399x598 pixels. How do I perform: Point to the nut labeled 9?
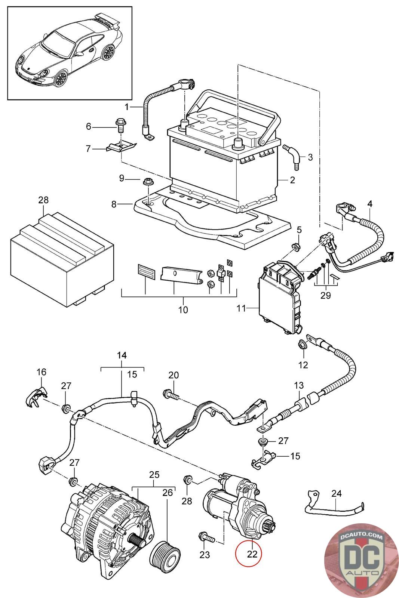point(147,183)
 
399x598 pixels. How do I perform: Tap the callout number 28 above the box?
point(43,200)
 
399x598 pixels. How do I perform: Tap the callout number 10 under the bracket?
point(183,309)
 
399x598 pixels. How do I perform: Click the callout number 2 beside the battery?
point(292,180)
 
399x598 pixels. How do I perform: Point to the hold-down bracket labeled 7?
point(119,147)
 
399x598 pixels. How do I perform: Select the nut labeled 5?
point(295,247)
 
